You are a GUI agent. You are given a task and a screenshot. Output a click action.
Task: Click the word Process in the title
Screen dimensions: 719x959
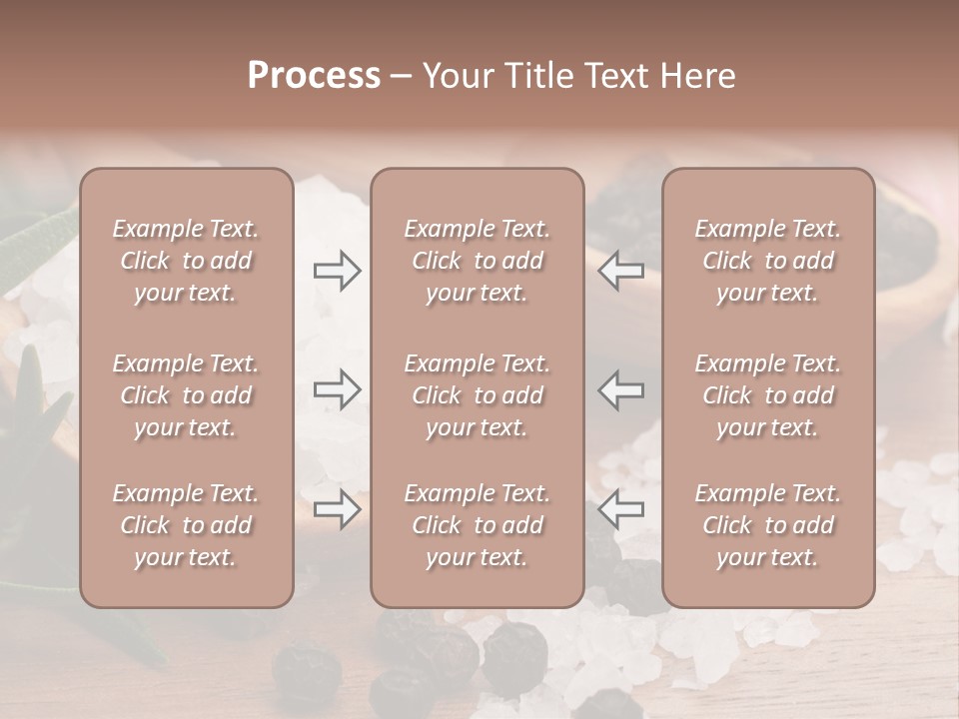[x=314, y=76]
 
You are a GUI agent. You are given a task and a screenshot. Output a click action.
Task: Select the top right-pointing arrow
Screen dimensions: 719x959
[x=337, y=271]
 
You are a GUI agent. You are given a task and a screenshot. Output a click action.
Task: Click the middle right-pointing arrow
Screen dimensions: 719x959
[x=337, y=388]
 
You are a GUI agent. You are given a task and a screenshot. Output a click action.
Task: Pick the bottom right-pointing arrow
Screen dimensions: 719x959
[x=337, y=509]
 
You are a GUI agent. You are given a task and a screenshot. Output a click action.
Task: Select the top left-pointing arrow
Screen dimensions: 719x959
[x=621, y=271]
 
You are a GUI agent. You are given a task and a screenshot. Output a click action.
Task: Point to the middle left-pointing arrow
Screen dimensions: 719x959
[x=621, y=388]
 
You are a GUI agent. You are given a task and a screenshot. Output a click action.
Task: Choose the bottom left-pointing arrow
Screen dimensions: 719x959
[x=621, y=509]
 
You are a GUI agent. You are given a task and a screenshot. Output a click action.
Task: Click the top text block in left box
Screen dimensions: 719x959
[x=186, y=261]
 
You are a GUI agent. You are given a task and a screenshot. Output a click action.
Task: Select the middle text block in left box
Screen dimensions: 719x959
[x=186, y=395]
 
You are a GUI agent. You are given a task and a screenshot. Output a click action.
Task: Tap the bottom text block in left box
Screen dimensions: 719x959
[x=186, y=525]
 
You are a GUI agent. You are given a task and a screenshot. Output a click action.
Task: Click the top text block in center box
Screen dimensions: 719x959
[x=477, y=261]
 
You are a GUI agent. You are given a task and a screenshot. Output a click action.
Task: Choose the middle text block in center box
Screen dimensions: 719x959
[x=477, y=395]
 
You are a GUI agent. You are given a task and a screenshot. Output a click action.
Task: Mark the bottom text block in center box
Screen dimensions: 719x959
[x=477, y=525]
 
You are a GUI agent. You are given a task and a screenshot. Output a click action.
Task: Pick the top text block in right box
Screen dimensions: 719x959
[x=767, y=261]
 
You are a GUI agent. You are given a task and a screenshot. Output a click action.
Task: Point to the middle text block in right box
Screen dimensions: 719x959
[x=767, y=395]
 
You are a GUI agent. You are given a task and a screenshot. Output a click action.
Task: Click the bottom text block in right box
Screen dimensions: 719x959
[x=767, y=525]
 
